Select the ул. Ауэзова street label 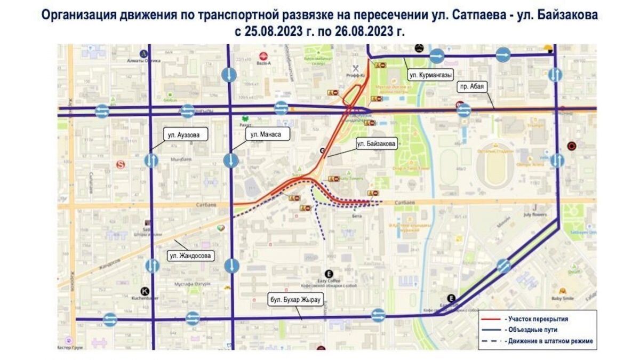[183, 135]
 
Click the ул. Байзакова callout [376, 143]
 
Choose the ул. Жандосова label [190, 256]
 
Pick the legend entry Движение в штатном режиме [549, 341]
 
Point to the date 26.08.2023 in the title [363, 31]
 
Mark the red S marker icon [121, 165]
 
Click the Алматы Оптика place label [143, 61]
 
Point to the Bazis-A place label [262, 63]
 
